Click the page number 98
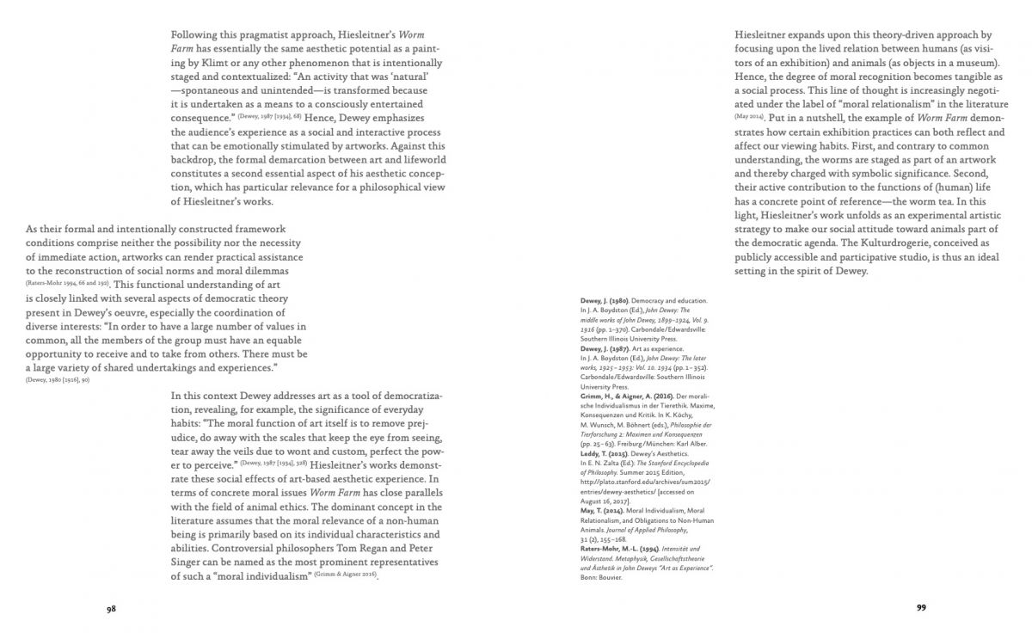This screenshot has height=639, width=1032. coord(111,608)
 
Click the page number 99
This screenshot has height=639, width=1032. coord(921,607)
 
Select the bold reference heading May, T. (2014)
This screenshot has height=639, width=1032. coord(602,512)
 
